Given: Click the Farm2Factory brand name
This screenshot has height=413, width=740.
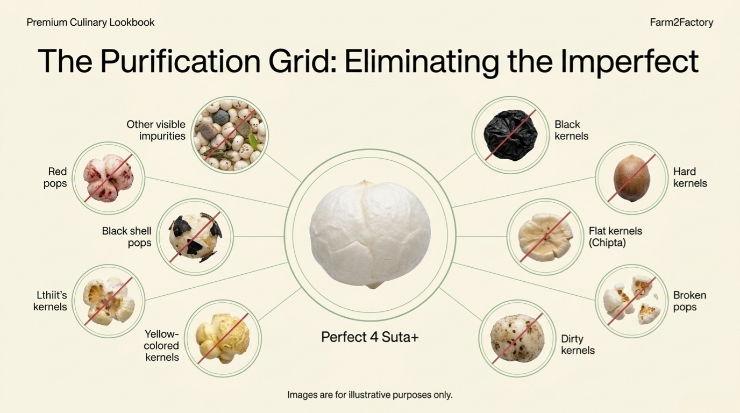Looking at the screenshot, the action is (x=681, y=23).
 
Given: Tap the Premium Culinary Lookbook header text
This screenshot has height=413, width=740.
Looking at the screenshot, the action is (x=90, y=23).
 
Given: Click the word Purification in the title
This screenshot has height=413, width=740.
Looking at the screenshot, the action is (x=181, y=61).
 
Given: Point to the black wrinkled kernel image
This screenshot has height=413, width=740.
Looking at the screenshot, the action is (x=510, y=135).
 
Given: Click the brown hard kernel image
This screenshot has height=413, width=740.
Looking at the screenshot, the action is (x=632, y=178).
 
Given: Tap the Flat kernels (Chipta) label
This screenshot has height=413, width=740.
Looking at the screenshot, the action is (x=615, y=237).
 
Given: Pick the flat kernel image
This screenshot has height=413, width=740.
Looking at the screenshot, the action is (x=545, y=237).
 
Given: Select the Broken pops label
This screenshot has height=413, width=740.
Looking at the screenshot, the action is (x=689, y=301).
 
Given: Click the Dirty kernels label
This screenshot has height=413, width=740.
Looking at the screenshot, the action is (x=578, y=344).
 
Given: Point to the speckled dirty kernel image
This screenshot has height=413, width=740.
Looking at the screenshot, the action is (x=517, y=338).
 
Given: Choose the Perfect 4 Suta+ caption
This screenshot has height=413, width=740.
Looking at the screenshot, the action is (x=369, y=337).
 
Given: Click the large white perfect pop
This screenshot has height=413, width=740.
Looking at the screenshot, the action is (x=370, y=234).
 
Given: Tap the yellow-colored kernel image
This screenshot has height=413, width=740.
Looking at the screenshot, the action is (x=223, y=338).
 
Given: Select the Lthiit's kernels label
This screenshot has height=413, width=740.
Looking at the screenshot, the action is (x=50, y=301).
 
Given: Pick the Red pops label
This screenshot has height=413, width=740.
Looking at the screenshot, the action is (x=55, y=177).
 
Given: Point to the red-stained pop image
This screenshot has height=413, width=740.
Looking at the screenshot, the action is (x=108, y=179).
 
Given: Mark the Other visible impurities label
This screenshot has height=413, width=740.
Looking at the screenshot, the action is (x=156, y=130).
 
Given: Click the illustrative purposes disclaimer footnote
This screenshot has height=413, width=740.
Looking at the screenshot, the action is (x=369, y=395).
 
